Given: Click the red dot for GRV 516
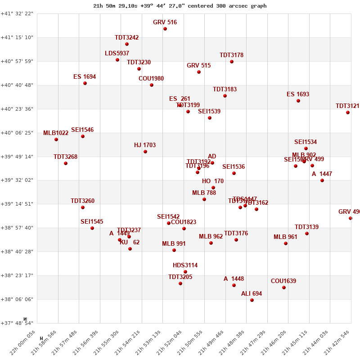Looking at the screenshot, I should click(x=165, y=29).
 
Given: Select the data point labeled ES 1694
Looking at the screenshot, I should click(x=85, y=83).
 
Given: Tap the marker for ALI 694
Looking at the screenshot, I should click(x=252, y=300).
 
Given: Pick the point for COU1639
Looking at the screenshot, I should click(x=284, y=288).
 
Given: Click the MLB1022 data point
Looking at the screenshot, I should click(x=56, y=139).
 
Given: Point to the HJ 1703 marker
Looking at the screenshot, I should click(x=145, y=152).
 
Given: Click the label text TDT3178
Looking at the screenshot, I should click(x=231, y=55).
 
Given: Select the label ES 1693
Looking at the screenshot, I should click(x=298, y=94).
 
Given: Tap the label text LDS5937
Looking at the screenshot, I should click(x=117, y=54).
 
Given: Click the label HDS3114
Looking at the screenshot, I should click(x=185, y=265).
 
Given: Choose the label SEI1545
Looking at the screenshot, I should click(x=92, y=222).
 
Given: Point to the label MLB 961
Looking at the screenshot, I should click(x=285, y=237).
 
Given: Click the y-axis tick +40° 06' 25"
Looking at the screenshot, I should click(x=17, y=133).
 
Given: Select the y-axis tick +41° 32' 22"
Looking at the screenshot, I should click(x=17, y=14).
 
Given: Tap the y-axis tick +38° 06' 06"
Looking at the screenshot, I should click(x=17, y=299).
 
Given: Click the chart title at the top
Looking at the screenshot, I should click(x=180, y=6).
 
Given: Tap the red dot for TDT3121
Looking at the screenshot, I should click(x=348, y=112).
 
